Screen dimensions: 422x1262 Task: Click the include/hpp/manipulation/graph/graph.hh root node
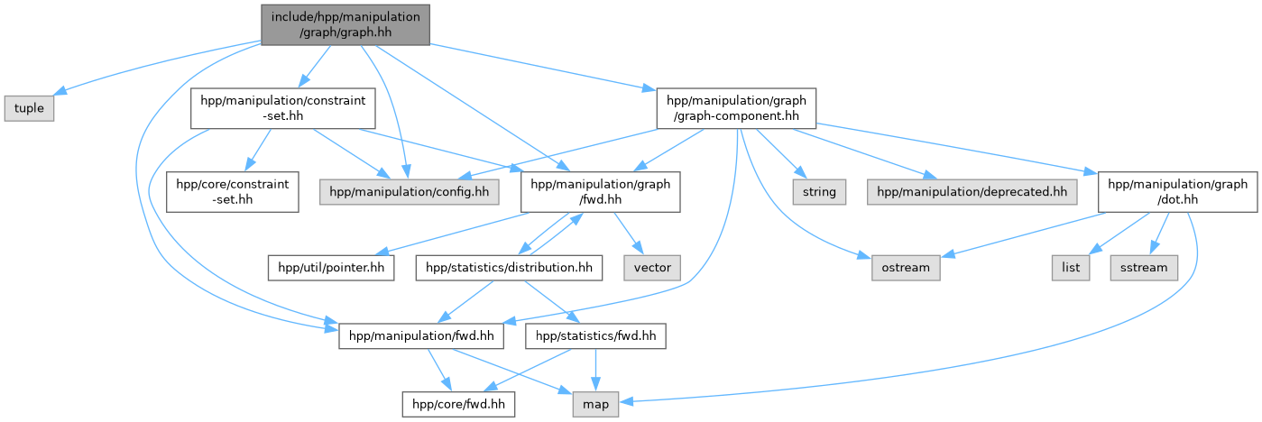[345, 23]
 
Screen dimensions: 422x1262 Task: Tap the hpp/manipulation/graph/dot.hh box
[1176, 193]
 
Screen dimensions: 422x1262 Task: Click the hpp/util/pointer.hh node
[331, 268]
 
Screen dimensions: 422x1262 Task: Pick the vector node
[651, 268]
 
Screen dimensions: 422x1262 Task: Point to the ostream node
[906, 268]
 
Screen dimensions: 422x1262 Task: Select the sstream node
[1144, 268]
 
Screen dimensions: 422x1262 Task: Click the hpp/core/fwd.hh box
[459, 405]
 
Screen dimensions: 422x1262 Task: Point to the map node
[595, 405]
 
